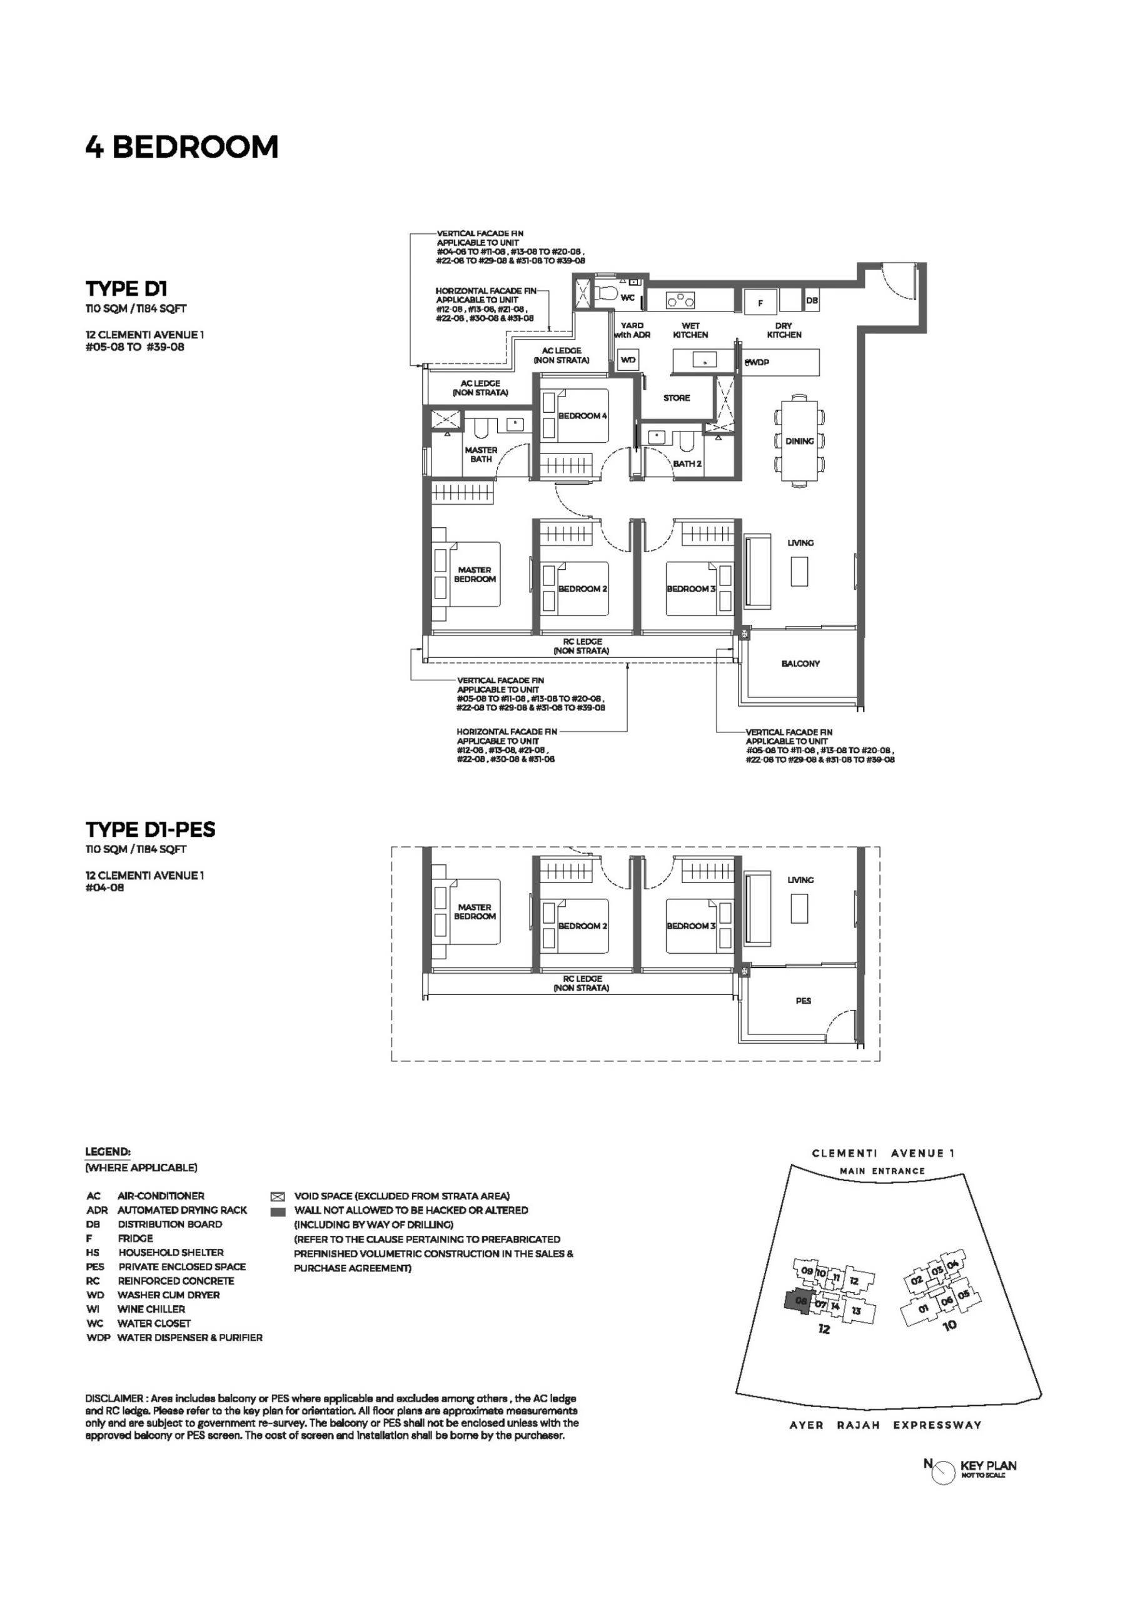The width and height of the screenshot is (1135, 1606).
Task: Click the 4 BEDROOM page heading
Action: [182, 147]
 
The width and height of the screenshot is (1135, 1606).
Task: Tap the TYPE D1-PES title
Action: [150, 830]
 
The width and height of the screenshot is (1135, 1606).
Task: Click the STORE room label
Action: [676, 398]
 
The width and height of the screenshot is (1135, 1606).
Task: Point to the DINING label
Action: [799, 442]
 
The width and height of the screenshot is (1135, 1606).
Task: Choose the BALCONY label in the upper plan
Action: [800, 663]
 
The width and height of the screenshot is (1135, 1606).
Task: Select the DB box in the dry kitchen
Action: [812, 300]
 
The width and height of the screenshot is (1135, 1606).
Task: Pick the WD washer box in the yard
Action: [628, 360]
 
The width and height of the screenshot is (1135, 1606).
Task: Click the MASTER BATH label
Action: [481, 455]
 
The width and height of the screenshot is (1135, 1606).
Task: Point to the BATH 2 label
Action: [687, 463]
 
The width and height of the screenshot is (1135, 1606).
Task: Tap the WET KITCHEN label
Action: [690, 330]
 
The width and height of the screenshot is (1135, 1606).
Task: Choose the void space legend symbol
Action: [278, 1197]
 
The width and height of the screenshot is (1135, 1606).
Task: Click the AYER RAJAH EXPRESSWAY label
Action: [885, 1425]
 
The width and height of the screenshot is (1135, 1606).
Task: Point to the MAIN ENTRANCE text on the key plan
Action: [882, 1171]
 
